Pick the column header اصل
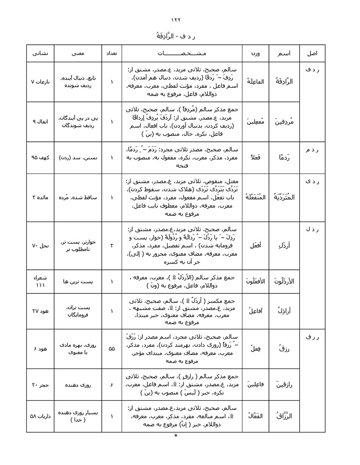coord(312,53)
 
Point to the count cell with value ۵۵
coord(111,348)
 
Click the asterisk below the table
coord(175,436)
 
